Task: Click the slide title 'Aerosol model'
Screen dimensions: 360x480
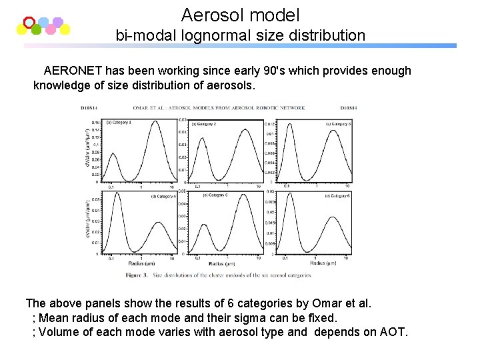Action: [x=240, y=15]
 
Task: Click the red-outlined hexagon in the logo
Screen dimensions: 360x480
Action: [x=29, y=22]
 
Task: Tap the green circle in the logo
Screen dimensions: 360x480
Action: [x=36, y=29]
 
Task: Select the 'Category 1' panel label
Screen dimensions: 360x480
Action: [x=120, y=123]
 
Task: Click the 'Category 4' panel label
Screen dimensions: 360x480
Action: [x=163, y=196]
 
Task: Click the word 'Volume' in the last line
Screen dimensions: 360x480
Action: [x=58, y=332]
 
